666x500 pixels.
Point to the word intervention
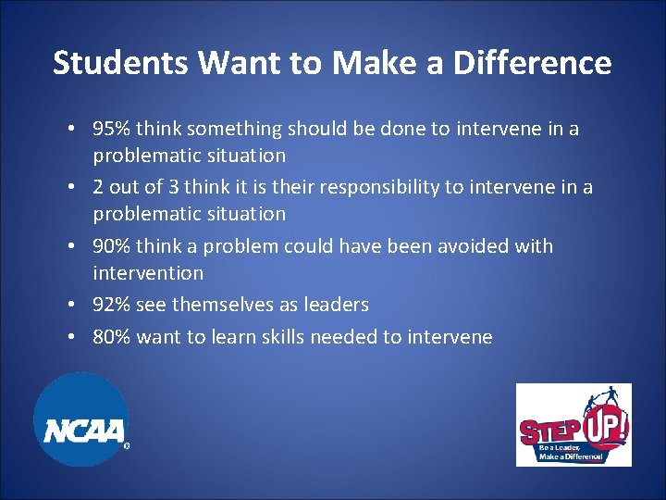click(148, 273)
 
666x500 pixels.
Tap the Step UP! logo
click(573, 424)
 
